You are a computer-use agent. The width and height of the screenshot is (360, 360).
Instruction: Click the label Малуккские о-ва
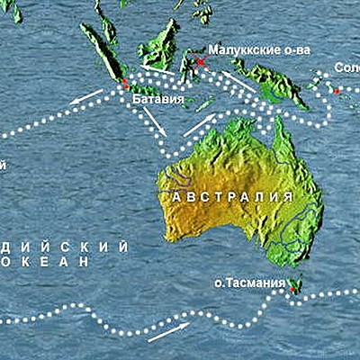(258, 50)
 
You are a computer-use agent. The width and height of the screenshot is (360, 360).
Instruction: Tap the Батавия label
(157, 98)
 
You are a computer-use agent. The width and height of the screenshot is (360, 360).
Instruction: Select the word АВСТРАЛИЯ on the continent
(226, 195)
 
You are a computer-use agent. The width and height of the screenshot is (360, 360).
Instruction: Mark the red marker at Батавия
(125, 83)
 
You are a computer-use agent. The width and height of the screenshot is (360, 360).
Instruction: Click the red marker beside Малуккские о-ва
(201, 61)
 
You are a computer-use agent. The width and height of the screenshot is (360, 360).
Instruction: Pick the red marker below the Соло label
(336, 91)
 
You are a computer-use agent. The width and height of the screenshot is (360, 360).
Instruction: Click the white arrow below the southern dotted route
(168, 332)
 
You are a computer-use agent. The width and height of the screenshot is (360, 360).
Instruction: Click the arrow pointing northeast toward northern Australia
(200, 123)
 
